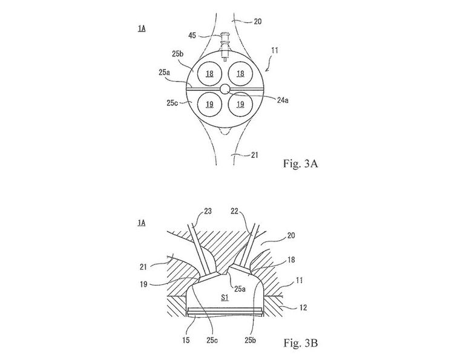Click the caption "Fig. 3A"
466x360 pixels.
point(300,163)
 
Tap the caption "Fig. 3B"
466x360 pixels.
point(300,343)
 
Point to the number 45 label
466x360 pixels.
point(192,36)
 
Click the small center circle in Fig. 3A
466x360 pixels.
point(225,89)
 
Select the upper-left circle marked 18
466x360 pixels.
point(209,73)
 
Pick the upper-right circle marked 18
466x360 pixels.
point(240,73)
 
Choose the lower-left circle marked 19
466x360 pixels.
point(209,104)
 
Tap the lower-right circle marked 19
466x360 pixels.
point(240,104)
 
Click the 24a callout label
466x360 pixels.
point(283,100)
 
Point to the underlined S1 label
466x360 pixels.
point(225,297)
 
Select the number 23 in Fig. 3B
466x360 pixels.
point(208,212)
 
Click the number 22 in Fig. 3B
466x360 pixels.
point(234,212)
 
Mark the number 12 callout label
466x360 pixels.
point(303,308)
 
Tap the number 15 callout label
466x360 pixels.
point(186,340)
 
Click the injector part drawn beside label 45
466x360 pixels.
point(225,47)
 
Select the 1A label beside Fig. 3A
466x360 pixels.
point(142,28)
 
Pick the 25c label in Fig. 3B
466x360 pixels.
point(212,341)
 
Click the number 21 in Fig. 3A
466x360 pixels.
point(254,155)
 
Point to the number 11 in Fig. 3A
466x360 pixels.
point(275,50)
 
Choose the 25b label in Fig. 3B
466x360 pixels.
point(250,341)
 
